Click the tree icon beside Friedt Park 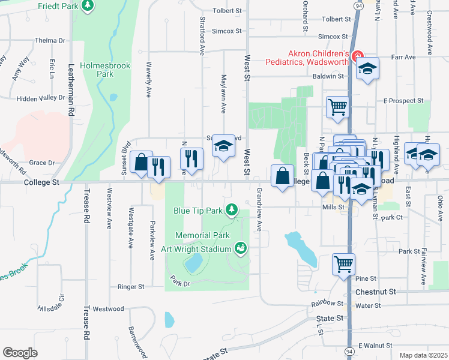88,5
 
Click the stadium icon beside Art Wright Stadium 241,247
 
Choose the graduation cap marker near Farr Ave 368,69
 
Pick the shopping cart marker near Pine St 344,263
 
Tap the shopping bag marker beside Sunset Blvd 141,163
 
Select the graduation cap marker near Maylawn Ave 223,146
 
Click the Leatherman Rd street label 71,91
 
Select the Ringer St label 131,287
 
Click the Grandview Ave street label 259,209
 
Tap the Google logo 20,353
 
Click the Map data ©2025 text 423,355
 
